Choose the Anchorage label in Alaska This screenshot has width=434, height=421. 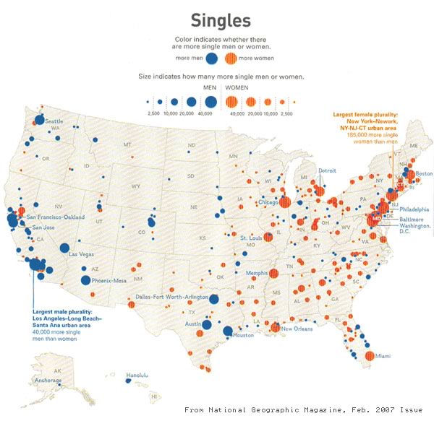(x=48, y=380)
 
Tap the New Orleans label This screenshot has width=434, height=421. (x=298, y=329)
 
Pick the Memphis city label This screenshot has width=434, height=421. (x=255, y=274)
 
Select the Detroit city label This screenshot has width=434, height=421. (x=328, y=170)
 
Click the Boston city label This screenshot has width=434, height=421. (x=423, y=173)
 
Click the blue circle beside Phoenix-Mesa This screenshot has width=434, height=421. (x=86, y=280)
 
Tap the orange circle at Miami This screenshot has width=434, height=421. (x=370, y=355)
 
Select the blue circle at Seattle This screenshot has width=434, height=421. (x=40, y=121)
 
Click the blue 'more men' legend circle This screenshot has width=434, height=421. (x=212, y=58)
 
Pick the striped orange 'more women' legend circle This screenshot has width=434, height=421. (x=231, y=58)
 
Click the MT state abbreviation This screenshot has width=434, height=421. (x=128, y=145)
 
